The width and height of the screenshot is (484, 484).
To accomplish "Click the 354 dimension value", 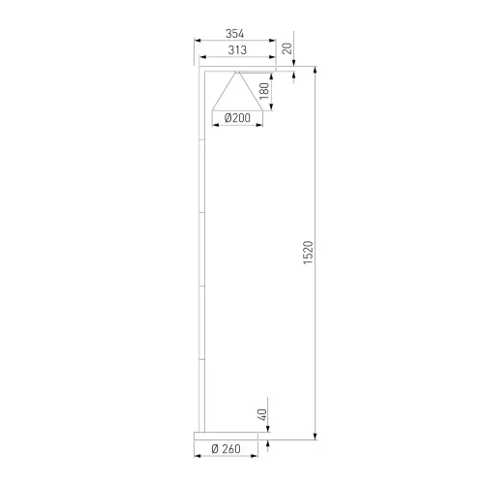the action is [234, 34].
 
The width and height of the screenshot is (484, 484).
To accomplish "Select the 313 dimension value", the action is [237, 50].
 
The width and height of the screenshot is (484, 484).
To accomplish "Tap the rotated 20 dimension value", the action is [287, 48].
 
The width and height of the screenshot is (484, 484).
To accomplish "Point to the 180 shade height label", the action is [264, 91].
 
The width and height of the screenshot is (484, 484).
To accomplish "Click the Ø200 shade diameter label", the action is [237, 118].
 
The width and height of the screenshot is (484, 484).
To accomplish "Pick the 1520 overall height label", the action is [308, 253].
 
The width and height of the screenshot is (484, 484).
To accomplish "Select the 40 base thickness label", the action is [263, 414].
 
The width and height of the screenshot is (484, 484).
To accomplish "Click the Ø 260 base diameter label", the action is [226, 449].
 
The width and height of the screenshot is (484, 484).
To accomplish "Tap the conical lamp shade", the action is [237, 91].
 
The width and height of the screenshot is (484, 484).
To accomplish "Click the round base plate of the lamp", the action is [227, 436].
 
